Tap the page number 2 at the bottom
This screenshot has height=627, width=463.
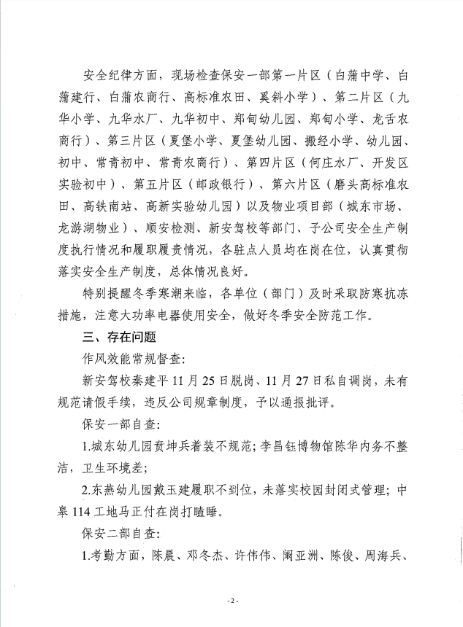[231, 599]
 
